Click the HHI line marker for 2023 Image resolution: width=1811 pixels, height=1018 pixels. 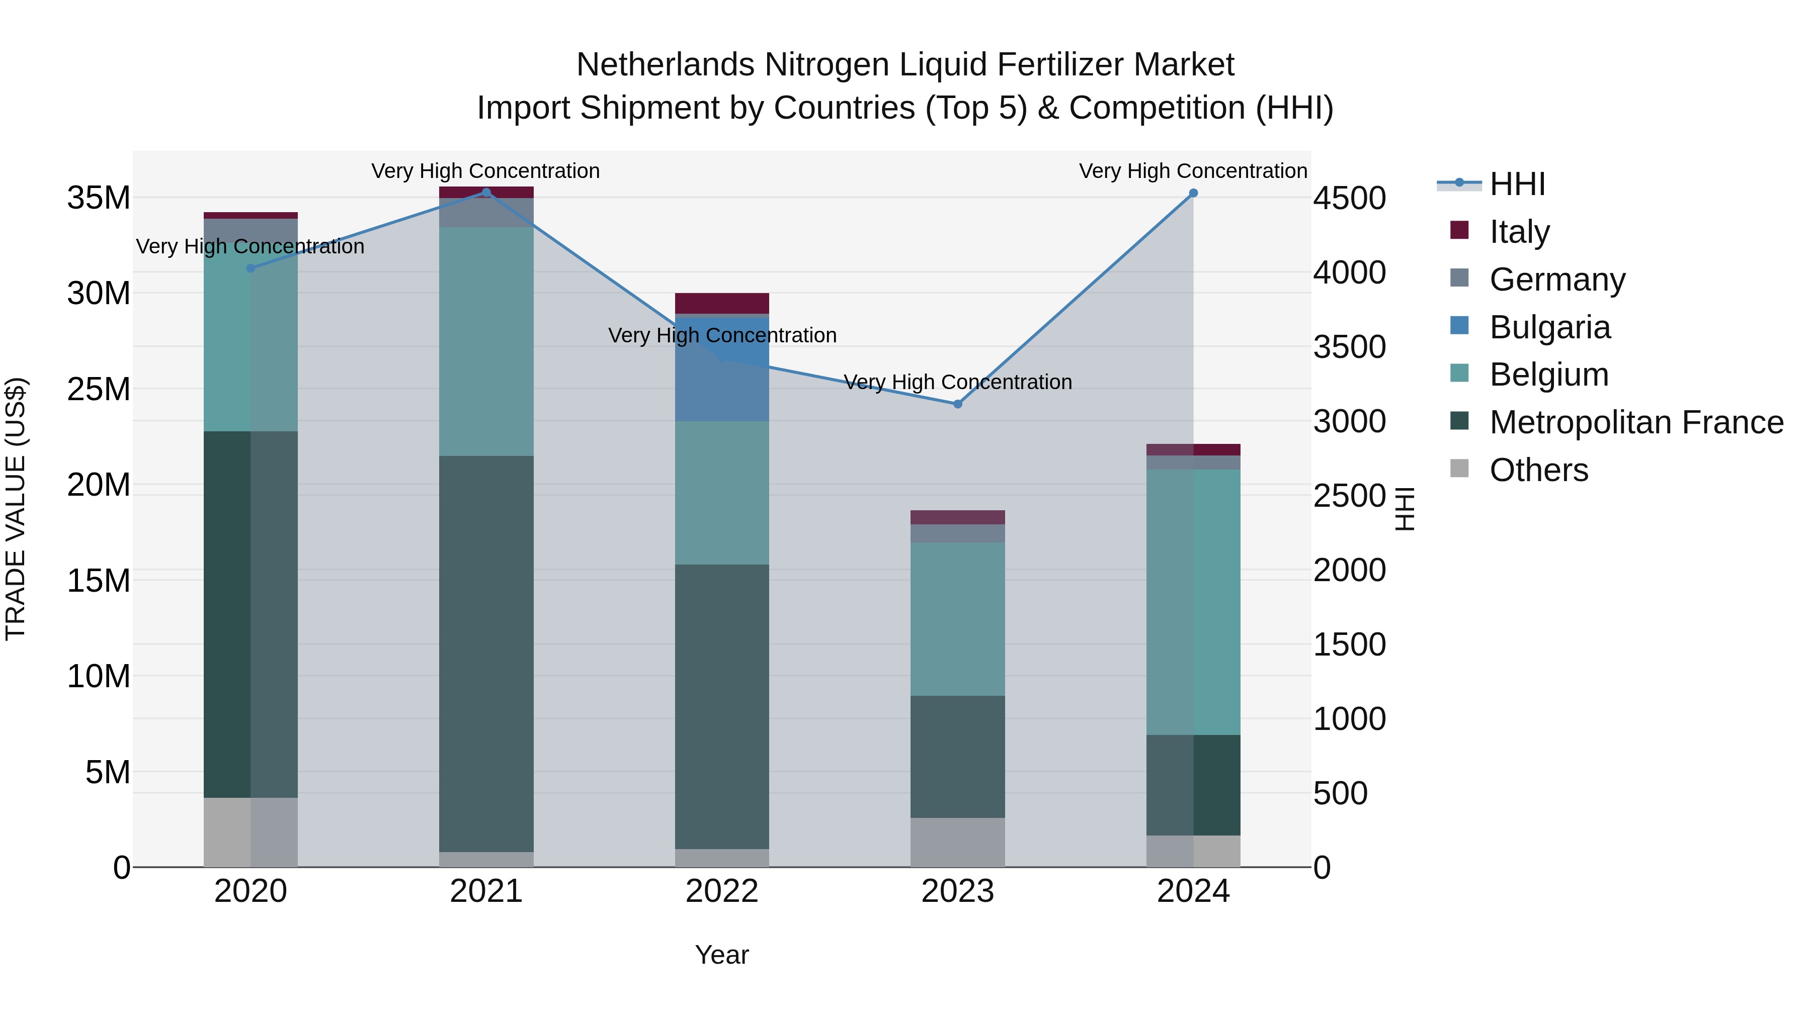pos(957,404)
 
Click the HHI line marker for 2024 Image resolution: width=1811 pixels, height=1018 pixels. pos(1193,193)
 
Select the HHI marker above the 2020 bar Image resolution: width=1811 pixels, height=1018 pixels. pos(251,268)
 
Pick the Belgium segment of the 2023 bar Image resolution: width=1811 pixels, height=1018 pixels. pos(957,618)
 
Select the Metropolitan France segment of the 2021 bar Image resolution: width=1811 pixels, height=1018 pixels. pos(486,654)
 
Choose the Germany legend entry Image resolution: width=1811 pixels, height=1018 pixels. pos(1556,280)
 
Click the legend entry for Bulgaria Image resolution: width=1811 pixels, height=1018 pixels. pos(1549,327)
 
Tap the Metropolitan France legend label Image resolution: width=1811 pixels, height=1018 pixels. pos(1636,422)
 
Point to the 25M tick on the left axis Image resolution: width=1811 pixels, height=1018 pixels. pos(99,389)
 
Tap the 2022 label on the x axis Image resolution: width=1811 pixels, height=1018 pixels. pos(722,891)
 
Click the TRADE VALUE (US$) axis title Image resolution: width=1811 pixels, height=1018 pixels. pos(16,509)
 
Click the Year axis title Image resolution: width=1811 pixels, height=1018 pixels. pos(722,955)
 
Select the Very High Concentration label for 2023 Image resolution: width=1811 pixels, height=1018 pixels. pos(957,382)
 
